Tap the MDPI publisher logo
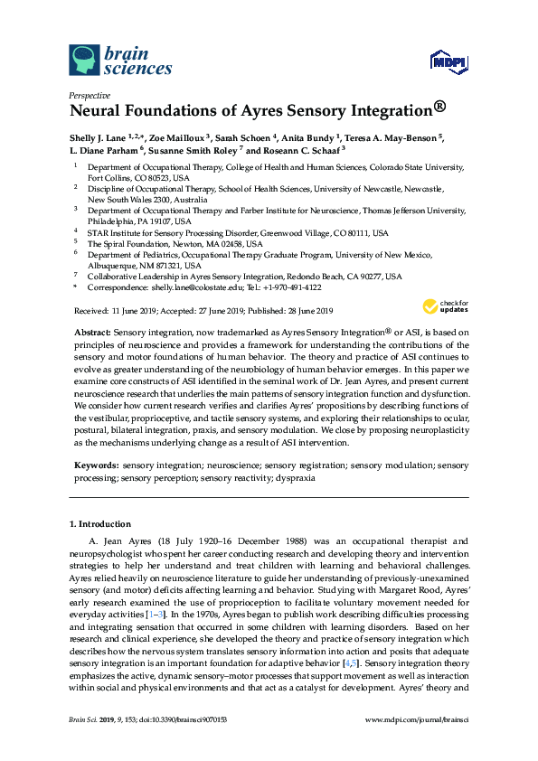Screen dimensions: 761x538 448,61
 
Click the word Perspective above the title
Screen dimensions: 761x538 90,95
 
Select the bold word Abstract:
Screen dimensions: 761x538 92,333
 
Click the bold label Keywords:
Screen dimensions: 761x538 95,465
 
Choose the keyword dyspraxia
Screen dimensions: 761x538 295,477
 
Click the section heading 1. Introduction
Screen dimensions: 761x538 100,523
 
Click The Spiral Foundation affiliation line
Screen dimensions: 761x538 175,244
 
